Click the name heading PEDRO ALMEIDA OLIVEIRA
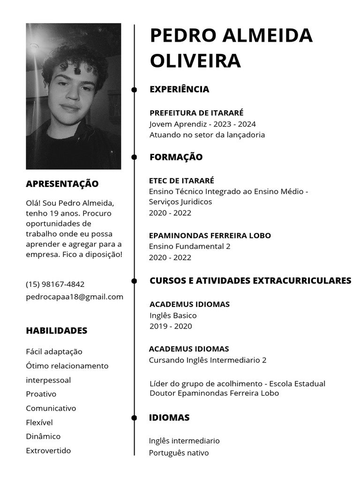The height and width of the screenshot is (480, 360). (x=231, y=48)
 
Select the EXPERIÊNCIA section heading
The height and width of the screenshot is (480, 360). (x=179, y=89)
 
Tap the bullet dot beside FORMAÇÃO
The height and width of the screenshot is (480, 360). (x=134, y=157)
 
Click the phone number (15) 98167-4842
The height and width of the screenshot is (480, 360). (x=55, y=284)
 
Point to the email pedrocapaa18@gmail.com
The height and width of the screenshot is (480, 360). (x=75, y=296)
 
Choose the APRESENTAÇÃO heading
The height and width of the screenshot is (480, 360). (x=62, y=184)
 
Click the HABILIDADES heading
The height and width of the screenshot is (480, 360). (x=56, y=330)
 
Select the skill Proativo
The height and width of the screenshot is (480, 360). (x=41, y=394)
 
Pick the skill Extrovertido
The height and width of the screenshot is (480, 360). (x=48, y=450)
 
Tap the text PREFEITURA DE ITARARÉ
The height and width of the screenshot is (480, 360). (x=196, y=113)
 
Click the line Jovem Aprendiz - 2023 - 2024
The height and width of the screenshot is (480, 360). (x=202, y=124)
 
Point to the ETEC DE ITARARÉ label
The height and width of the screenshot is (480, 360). (x=181, y=180)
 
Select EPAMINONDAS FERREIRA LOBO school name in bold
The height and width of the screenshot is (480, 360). (x=210, y=235)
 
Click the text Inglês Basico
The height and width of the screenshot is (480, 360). (x=173, y=315)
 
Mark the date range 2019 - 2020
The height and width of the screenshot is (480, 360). (x=171, y=326)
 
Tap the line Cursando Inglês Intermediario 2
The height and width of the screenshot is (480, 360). (x=208, y=360)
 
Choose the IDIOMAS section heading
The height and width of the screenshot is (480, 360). (x=169, y=418)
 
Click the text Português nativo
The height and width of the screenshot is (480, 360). (x=179, y=453)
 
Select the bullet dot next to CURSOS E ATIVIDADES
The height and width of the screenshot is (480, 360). (x=134, y=281)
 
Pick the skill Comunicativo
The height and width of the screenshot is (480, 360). (x=51, y=408)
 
